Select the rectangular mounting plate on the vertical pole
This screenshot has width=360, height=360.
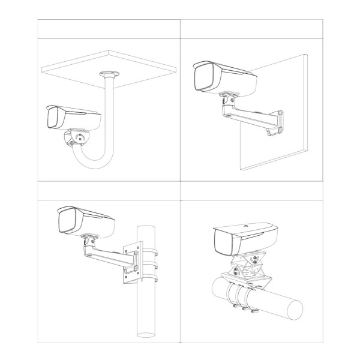[130, 263]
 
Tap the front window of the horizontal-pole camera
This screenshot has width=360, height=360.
[224, 244]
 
